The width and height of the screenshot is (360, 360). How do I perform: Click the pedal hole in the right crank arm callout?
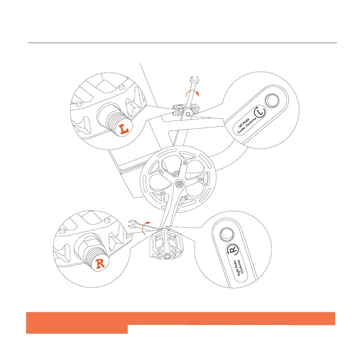pyautogui.click(x=226, y=234)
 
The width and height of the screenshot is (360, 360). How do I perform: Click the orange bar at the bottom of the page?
pyautogui.click(x=180, y=319)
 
